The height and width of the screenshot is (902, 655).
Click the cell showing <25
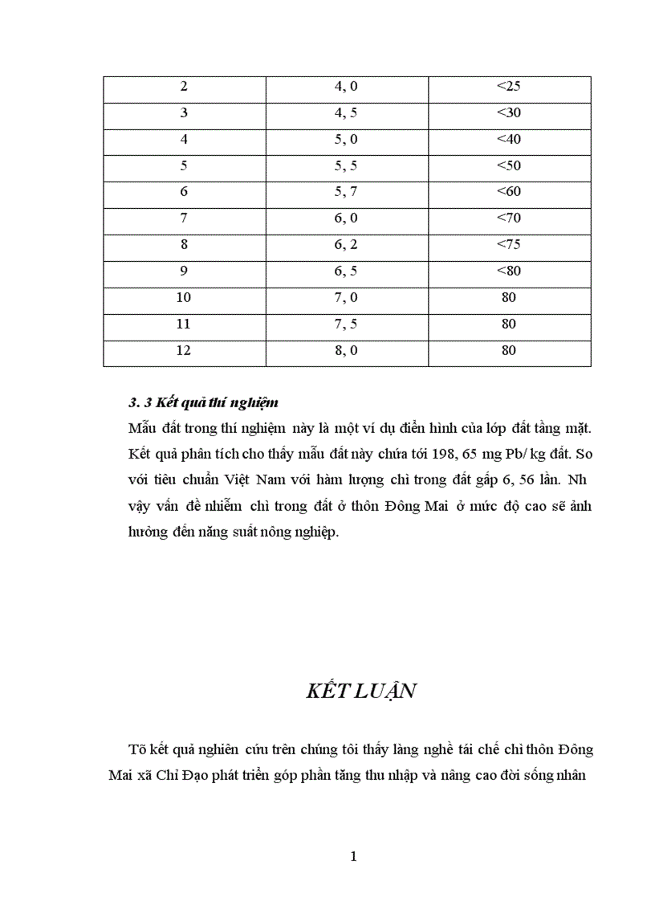pyautogui.click(x=509, y=87)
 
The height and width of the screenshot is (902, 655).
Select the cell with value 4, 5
pyautogui.click(x=346, y=113)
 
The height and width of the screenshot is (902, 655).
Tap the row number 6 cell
pyautogui.click(x=184, y=192)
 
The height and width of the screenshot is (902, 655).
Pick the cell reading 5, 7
pyautogui.click(x=346, y=192)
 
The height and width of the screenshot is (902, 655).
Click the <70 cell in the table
pyautogui.click(x=509, y=218)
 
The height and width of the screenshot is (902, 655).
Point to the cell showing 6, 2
pyautogui.click(x=346, y=245)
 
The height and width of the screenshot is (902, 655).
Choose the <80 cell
pyautogui.click(x=509, y=271)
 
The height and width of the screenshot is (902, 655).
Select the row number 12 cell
pyautogui.click(x=184, y=350)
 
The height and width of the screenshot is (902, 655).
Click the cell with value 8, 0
pyautogui.click(x=346, y=350)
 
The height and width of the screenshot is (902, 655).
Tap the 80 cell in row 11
pyautogui.click(x=509, y=324)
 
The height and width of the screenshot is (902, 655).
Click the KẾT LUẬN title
pyautogui.click(x=361, y=692)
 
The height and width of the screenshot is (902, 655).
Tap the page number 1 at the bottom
pyautogui.click(x=353, y=856)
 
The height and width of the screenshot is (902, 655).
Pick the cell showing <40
pyautogui.click(x=509, y=140)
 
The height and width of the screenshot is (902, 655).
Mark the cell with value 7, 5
pyautogui.click(x=346, y=324)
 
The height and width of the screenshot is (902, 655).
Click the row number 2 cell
pyautogui.click(x=184, y=87)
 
